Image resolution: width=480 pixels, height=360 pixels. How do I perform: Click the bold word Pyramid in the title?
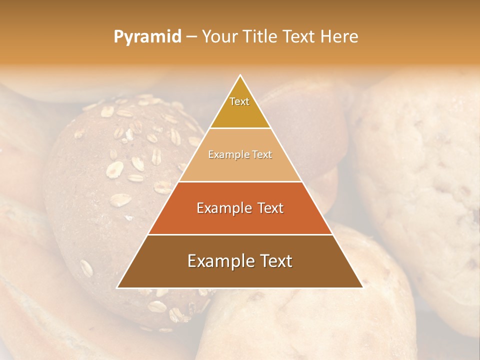147,37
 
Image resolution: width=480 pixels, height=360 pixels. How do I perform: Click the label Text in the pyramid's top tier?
239,101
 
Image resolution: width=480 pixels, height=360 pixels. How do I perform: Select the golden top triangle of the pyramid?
240,112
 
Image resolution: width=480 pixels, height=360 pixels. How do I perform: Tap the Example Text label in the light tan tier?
240,154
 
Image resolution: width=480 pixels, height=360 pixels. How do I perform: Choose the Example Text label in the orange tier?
240,208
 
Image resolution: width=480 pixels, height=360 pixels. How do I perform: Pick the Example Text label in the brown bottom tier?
240,261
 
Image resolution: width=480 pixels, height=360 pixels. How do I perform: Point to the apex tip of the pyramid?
240,76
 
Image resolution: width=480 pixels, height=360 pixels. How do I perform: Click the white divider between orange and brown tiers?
240,234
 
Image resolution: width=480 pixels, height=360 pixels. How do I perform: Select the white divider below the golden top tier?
240,128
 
